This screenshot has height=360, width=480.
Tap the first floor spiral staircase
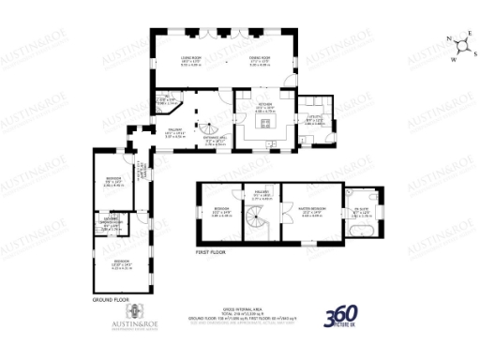coord(254,221)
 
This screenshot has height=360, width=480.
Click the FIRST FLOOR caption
coord(212,253)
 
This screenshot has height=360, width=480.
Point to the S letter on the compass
coord(475,53)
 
